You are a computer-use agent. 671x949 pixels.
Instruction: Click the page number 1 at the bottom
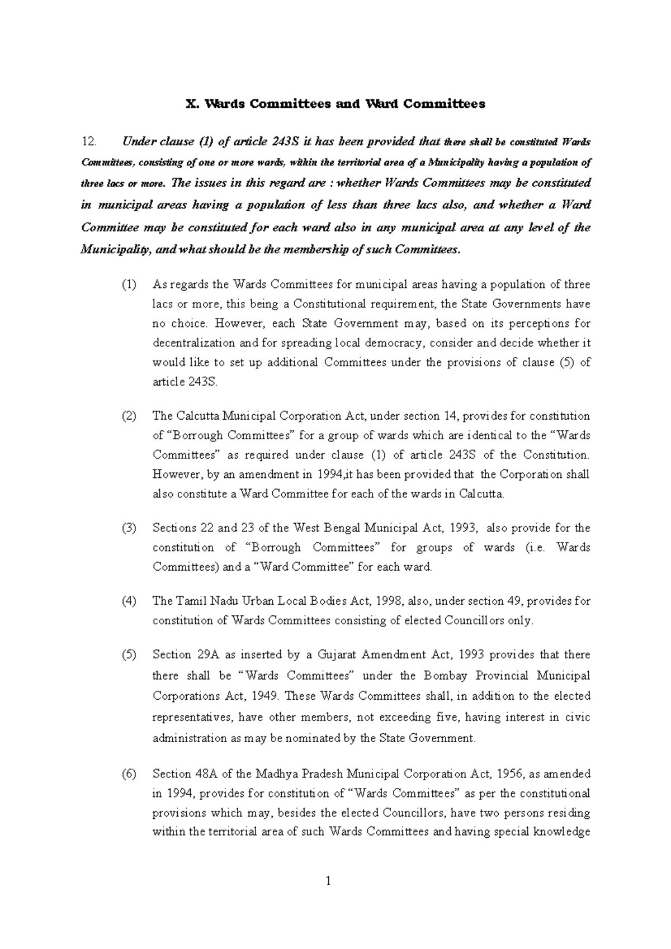(x=329, y=882)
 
